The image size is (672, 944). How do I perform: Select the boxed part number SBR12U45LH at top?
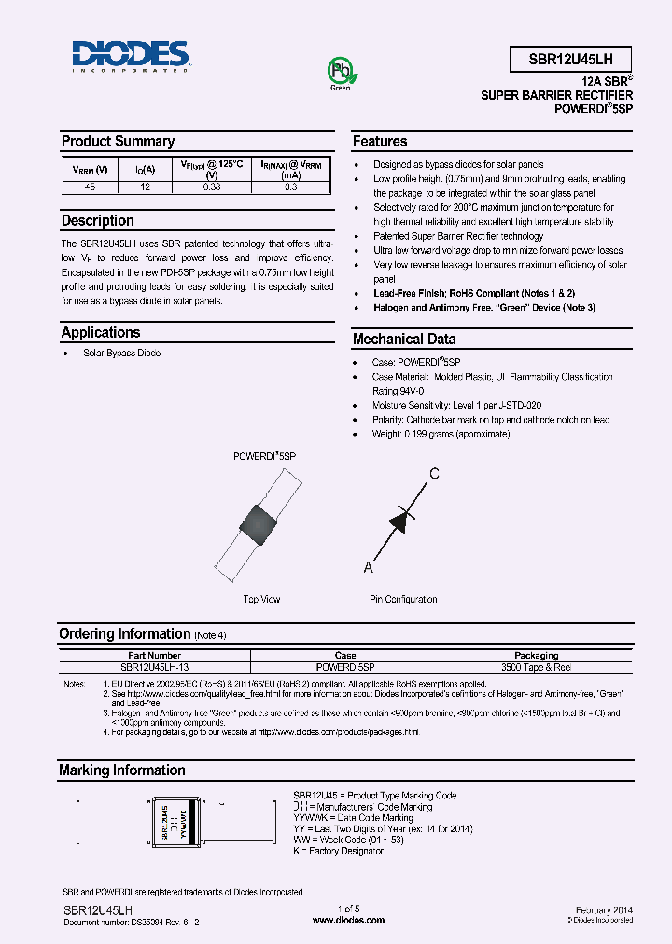[571, 57]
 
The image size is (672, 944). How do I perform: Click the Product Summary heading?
[118, 142]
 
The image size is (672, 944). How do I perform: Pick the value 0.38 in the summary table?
[212, 187]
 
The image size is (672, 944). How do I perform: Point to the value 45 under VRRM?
[91, 187]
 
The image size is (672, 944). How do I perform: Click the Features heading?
[379, 142]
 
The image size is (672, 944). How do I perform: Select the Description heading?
[97, 221]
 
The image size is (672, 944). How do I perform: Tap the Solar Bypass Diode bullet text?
[121, 354]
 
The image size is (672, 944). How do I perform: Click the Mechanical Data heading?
[403, 340]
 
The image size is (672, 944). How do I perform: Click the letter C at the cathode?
[433, 474]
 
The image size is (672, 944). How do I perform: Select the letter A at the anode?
[368, 567]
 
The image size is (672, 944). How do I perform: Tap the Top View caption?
[261, 600]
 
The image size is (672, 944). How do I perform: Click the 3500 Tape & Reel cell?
[536, 667]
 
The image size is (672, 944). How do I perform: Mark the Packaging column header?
[536, 656]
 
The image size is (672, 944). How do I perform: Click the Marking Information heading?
[121, 770]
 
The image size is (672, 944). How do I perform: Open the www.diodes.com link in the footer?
[349, 920]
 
